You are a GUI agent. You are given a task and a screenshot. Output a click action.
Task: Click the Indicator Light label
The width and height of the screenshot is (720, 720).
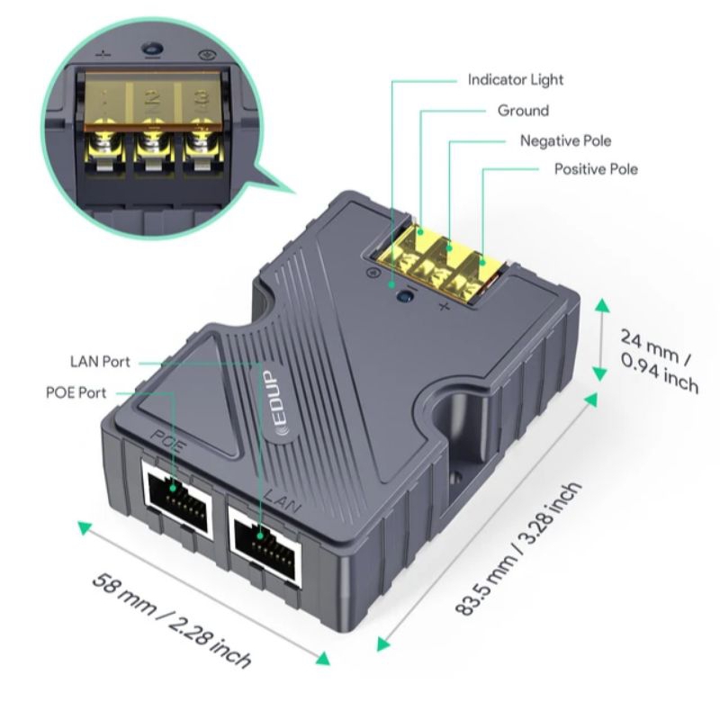click(515, 80)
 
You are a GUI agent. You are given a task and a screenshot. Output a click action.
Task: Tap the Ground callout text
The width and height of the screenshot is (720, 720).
click(523, 111)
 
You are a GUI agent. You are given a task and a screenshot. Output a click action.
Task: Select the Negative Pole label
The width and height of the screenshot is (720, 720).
click(565, 140)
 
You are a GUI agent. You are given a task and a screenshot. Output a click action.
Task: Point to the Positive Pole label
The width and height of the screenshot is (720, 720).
click(596, 169)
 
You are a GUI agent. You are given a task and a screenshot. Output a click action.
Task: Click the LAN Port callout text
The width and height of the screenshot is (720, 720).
click(100, 362)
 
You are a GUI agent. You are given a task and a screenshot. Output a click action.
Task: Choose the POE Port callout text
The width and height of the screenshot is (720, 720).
click(76, 392)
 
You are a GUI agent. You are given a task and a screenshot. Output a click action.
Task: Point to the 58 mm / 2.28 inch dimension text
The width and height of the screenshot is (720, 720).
click(172, 620)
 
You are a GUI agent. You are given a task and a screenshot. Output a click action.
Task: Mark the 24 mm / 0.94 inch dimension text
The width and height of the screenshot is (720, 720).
click(660, 361)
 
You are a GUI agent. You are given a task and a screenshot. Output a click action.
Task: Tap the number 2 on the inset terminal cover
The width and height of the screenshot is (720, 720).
click(152, 99)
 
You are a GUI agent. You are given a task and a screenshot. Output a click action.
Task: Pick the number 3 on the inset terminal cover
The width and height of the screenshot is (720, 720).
click(202, 100)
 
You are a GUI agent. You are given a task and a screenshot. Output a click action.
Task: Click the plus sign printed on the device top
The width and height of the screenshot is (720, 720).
click(444, 306)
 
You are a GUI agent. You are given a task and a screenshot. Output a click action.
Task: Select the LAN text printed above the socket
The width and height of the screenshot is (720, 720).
click(283, 501)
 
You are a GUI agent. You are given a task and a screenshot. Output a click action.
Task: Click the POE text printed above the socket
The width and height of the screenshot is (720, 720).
click(168, 440)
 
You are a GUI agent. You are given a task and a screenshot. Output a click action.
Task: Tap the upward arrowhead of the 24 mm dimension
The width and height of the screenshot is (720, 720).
click(602, 305)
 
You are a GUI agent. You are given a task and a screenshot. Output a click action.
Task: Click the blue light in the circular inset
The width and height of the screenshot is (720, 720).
click(152, 49)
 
